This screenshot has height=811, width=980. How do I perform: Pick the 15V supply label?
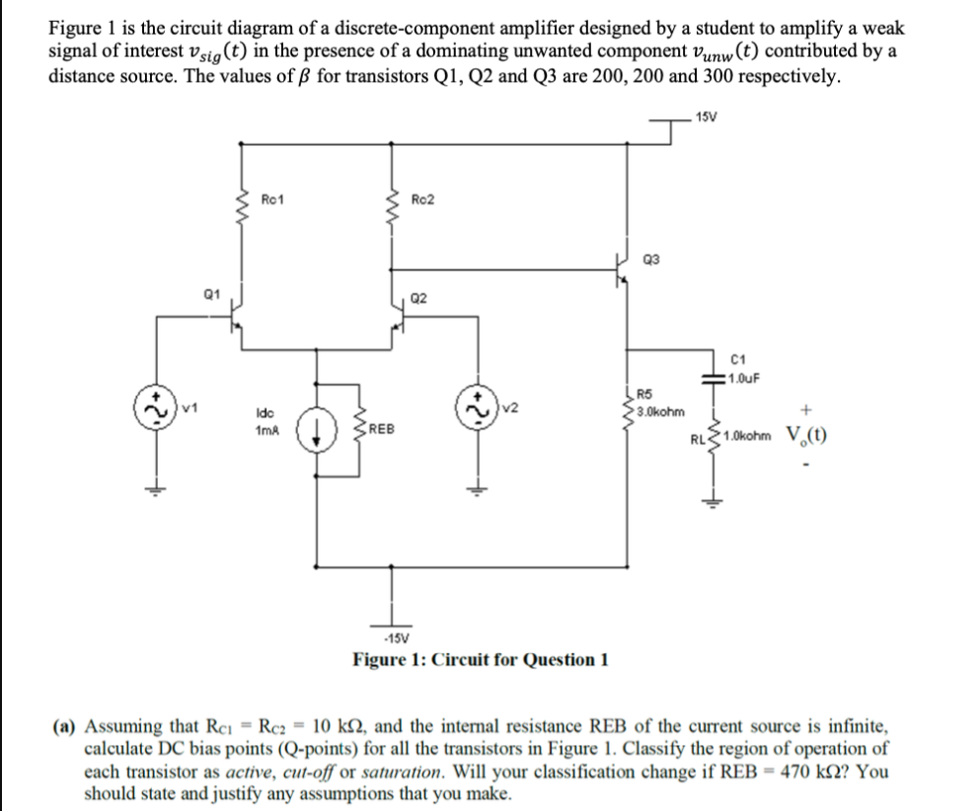tap(706, 118)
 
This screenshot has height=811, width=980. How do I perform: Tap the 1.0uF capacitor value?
tap(741, 375)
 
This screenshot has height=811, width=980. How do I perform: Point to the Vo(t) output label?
tap(806, 436)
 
